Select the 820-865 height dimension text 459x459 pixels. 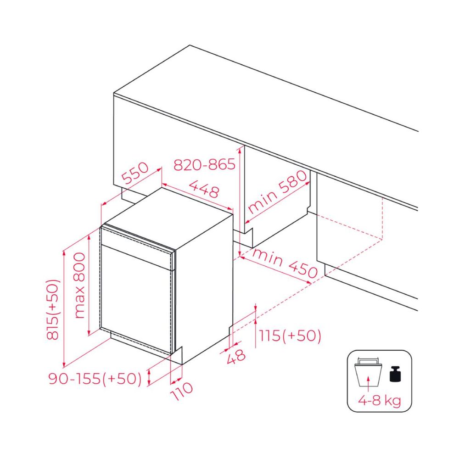tap(204, 164)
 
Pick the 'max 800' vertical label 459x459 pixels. tap(79, 285)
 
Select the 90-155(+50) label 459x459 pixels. tap(95, 379)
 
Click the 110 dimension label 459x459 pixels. tap(181, 391)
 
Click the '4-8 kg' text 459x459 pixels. tap(380, 400)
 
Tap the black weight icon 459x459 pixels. tap(396, 374)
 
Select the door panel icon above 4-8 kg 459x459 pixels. tap(368, 372)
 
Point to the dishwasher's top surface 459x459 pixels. tap(168, 218)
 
